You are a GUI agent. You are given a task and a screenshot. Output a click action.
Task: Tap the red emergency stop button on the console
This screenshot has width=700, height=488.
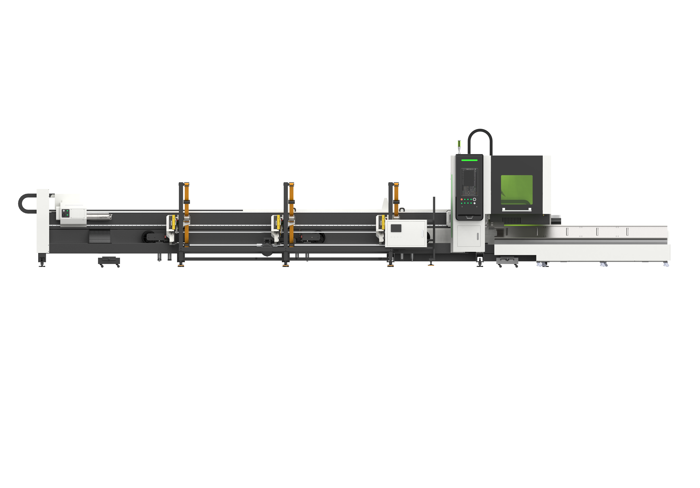(x=462, y=199)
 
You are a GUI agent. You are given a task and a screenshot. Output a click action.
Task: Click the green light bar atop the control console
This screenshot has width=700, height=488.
(x=469, y=160)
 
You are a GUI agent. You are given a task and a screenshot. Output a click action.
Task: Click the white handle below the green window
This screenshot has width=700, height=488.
(x=517, y=209)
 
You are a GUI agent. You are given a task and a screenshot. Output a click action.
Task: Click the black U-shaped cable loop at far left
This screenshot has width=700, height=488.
(x=24, y=203)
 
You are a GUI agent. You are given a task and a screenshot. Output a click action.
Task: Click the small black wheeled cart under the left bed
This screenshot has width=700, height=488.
(x=109, y=261)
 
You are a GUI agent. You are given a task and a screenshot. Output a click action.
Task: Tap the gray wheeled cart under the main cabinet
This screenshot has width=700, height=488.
(x=507, y=261)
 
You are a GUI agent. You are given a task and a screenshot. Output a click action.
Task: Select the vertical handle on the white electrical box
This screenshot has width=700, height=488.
(x=422, y=233)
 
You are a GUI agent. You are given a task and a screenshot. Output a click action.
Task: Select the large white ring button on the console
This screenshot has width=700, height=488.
(x=474, y=199)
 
